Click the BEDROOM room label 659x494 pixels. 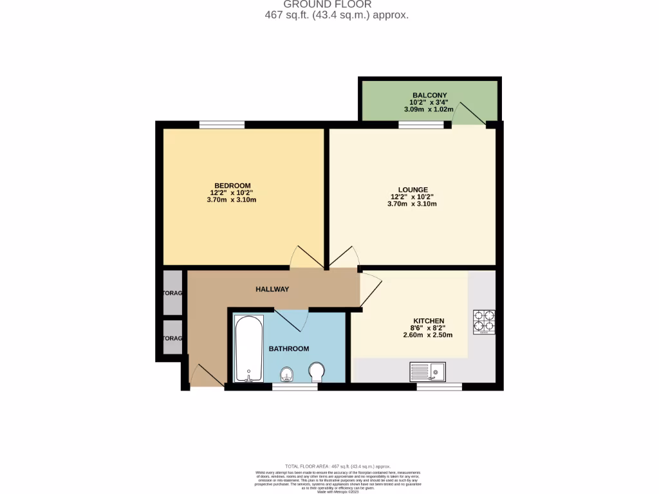coord(232,185)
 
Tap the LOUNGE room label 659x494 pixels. coord(413,189)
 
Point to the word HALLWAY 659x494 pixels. coord(272,289)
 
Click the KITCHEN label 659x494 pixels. coord(429,321)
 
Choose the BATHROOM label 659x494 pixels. coord(289,349)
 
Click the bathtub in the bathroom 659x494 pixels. coord(248,348)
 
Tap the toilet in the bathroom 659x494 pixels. coord(317,372)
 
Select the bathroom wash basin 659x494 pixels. coord(287,374)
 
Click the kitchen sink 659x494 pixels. coord(427,371)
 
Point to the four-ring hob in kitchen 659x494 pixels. coord(484,322)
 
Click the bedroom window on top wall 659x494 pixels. coord(221,125)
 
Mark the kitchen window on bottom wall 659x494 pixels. coord(439,387)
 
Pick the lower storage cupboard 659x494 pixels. coord(172,338)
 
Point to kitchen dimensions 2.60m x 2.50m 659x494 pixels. coord(429,334)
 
